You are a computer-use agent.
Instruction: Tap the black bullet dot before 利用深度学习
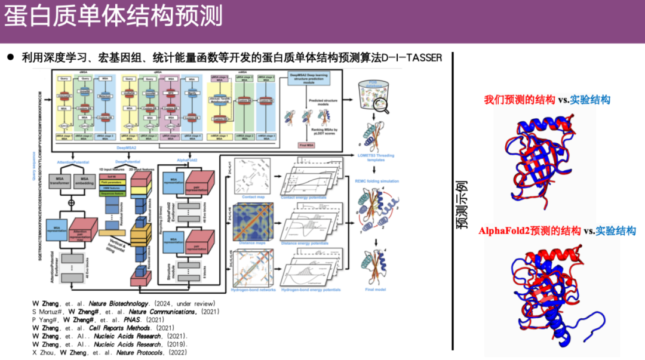10,58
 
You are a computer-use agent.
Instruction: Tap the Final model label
376,290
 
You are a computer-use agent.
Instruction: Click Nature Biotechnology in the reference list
119,304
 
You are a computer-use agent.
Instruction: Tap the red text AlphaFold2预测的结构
530,231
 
